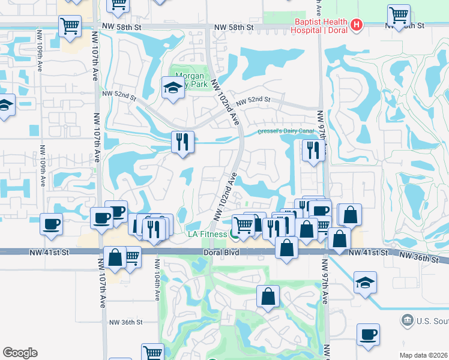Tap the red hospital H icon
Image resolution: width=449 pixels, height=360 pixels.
click(x=357, y=25)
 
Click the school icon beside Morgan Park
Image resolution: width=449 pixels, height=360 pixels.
click(x=173, y=87)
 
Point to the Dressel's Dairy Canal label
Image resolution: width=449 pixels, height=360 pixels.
click(x=286, y=131)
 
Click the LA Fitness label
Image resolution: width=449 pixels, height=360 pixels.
click(x=206, y=234)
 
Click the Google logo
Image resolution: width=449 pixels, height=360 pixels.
click(x=20, y=353)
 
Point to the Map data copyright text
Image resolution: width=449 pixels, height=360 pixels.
click(x=424, y=355)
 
